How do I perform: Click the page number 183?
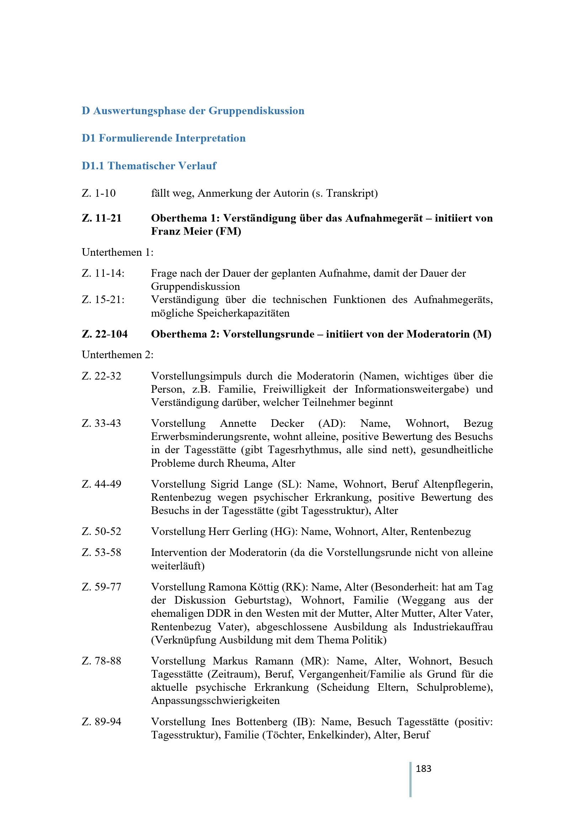tap(423, 768)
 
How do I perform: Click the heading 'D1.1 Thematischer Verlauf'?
tap(149, 166)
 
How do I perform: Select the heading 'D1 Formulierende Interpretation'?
tap(163, 138)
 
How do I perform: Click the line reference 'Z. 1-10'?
tap(99, 193)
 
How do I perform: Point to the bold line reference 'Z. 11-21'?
tap(101, 218)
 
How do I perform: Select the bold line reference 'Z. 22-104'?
tap(105, 334)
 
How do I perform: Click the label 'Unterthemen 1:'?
tap(117, 252)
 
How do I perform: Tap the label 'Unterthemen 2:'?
tap(117, 355)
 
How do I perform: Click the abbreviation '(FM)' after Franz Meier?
tap(228, 231)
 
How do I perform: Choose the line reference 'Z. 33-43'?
tap(101, 423)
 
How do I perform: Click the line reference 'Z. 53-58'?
tap(101, 553)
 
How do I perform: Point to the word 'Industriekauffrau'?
tap(452, 627)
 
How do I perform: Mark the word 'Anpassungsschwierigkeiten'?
tap(215, 700)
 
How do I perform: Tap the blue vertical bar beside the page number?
tap(410, 779)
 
